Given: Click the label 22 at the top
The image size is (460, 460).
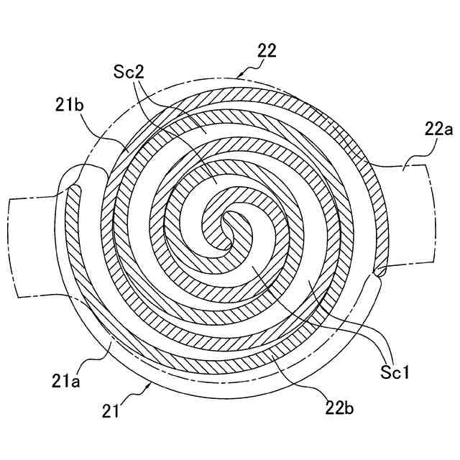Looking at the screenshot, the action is [266, 51].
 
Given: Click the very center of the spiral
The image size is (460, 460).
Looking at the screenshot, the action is [229, 228].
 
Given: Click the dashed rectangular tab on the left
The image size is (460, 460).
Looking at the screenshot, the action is [32, 244].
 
